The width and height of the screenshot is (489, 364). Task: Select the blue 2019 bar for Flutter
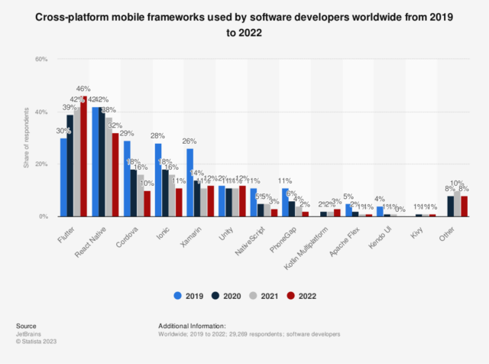coord(63,177)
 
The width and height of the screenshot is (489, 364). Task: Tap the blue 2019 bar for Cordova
coord(127,179)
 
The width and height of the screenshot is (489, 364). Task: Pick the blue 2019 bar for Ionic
coord(158,180)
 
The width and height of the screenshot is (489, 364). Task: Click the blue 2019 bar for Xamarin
coord(189,183)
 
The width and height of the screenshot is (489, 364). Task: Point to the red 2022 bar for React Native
coord(115,175)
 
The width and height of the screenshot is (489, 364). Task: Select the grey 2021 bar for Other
coord(457,204)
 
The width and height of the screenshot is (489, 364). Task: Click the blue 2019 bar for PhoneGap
coord(285,203)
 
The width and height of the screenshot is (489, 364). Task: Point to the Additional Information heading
coord(191,325)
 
